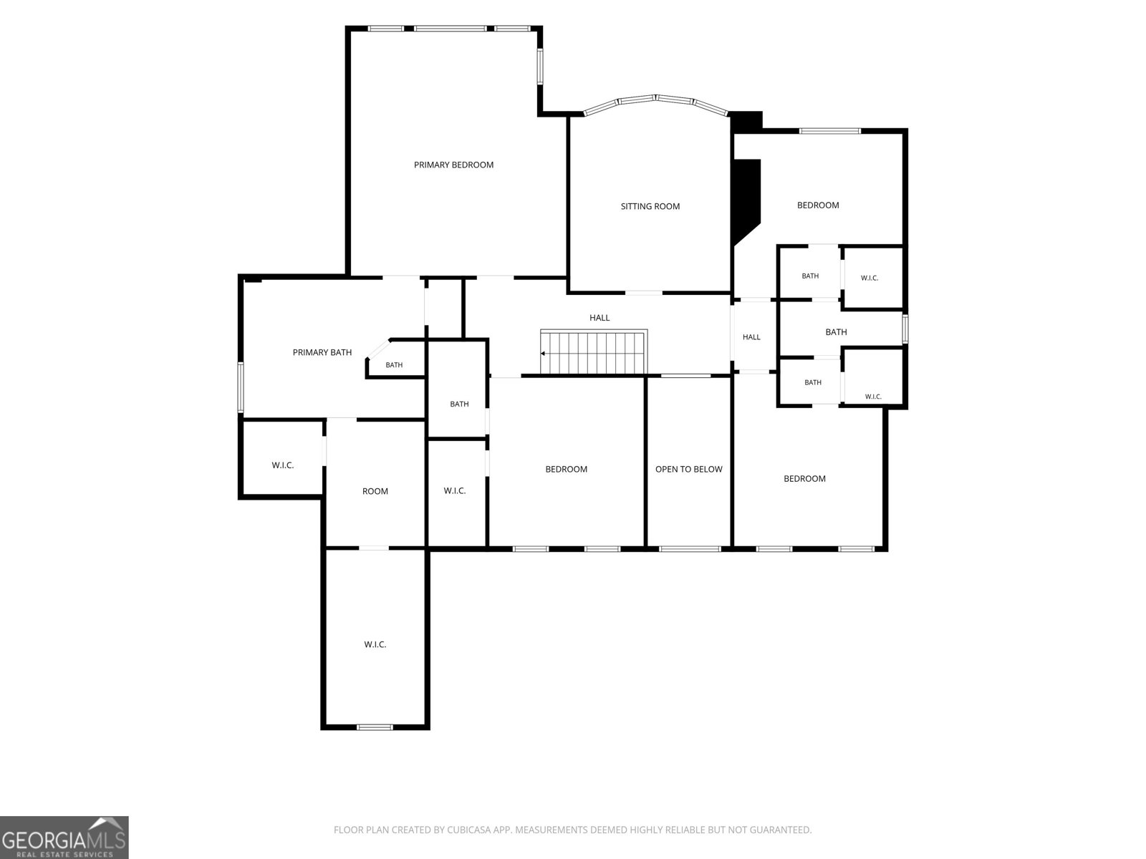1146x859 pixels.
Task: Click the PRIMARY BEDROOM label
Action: point(453,165)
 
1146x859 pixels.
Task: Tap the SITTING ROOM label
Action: point(650,207)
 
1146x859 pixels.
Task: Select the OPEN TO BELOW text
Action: point(688,470)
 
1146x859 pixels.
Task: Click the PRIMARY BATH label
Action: point(322,353)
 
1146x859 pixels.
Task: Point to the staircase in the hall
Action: point(594,352)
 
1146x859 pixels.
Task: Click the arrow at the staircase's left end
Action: point(543,354)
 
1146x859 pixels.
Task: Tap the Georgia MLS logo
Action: point(64,837)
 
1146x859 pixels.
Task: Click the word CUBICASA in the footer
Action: point(467,830)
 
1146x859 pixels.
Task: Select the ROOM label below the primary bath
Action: point(375,491)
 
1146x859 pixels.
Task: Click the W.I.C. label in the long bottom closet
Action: point(375,645)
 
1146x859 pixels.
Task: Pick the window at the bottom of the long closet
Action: point(375,727)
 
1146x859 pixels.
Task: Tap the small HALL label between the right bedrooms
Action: point(751,337)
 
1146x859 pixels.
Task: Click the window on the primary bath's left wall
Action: point(241,387)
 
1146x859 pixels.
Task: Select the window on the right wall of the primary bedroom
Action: point(540,67)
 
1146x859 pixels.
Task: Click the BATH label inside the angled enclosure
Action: point(394,365)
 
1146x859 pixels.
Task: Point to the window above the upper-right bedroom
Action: point(829,131)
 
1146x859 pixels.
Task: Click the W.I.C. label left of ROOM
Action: point(282,465)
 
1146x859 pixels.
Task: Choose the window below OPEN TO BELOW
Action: point(690,548)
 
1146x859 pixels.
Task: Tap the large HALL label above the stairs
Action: point(600,318)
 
